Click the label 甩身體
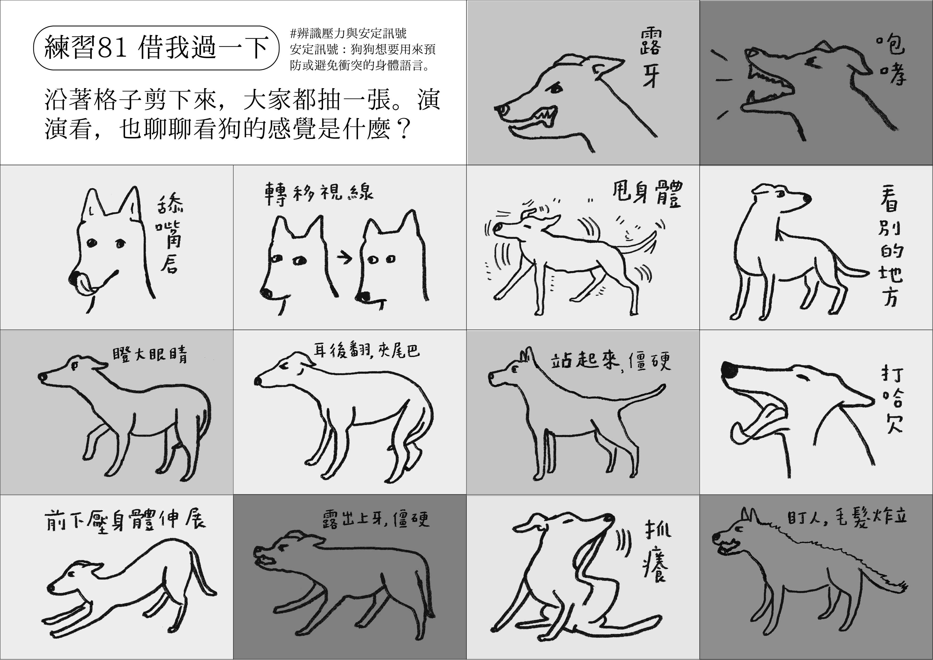[647, 194]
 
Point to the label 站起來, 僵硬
[610, 361]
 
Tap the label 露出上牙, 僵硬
[376, 518]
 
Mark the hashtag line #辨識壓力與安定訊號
[349, 33]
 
